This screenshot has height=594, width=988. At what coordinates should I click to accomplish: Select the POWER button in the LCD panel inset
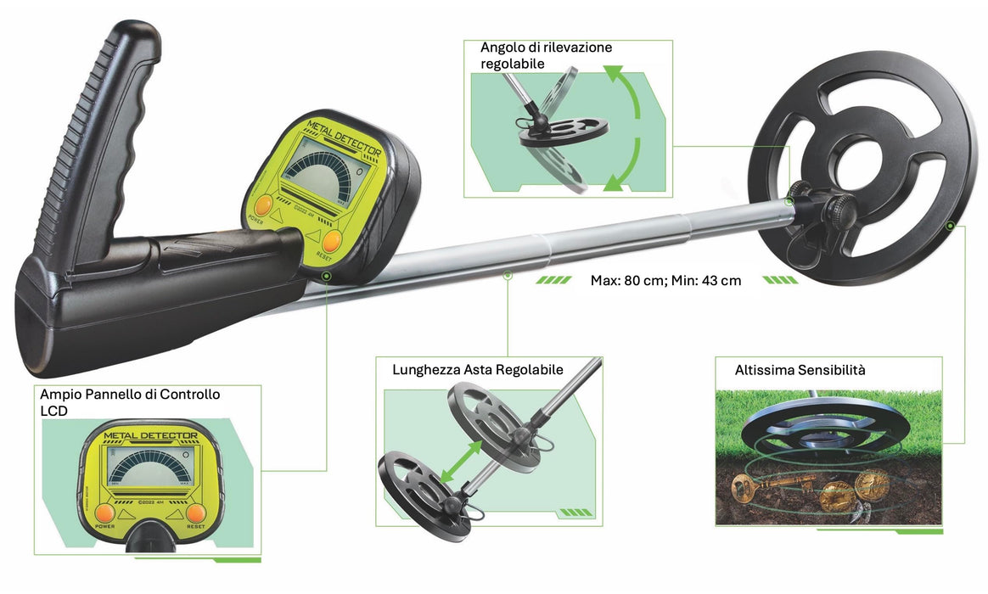105,513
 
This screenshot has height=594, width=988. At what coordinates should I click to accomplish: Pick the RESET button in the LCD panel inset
197,513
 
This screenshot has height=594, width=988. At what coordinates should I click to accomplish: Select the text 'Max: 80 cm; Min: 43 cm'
665,280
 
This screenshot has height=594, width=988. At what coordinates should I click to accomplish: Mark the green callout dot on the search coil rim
951,226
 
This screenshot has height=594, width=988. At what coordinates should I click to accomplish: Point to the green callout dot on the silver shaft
508,274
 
